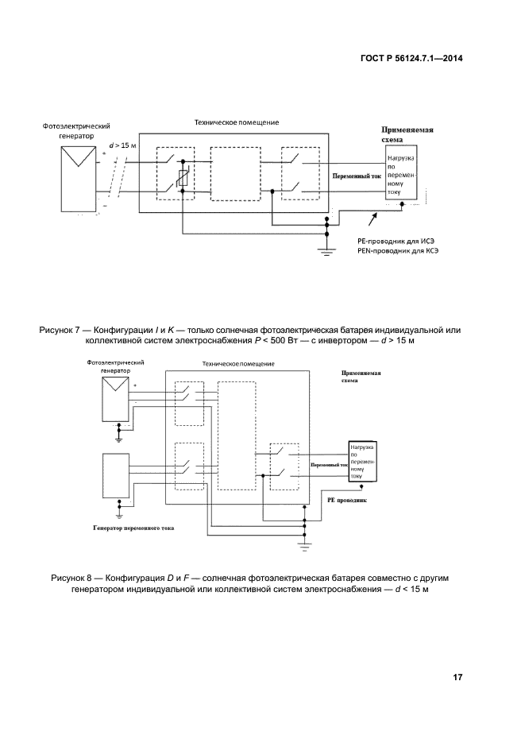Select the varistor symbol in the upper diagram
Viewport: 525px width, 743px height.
(183, 180)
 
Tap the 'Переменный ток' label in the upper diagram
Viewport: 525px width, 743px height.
(354, 176)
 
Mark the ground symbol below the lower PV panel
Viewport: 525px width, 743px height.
(118, 435)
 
